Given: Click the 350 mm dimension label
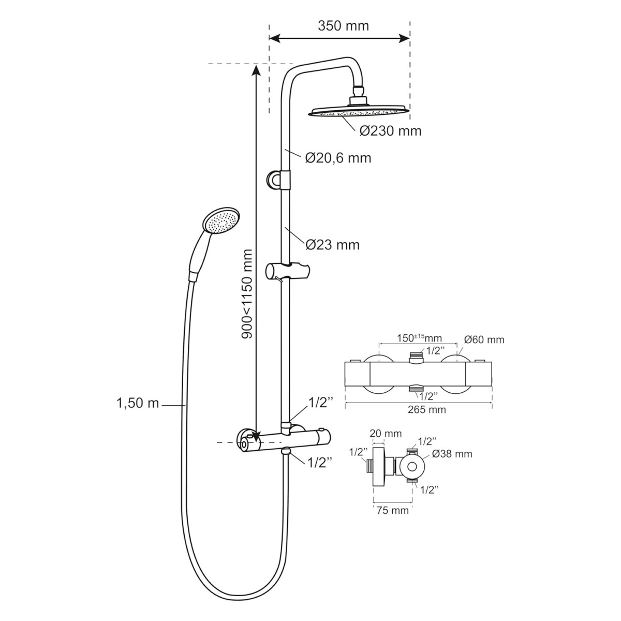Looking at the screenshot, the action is [x=343, y=26].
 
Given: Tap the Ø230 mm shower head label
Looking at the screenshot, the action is [x=390, y=131].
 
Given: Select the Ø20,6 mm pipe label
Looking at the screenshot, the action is [x=338, y=158].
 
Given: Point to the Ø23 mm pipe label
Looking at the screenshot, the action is [x=332, y=245].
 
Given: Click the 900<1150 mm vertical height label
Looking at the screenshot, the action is [x=247, y=293].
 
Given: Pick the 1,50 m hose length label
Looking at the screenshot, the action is [x=138, y=404].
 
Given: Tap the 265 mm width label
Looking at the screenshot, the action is [x=426, y=409].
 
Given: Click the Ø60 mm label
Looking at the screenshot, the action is [x=484, y=339].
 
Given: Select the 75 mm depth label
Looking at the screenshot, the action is [x=392, y=510].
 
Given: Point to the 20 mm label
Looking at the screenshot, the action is [x=386, y=434].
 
